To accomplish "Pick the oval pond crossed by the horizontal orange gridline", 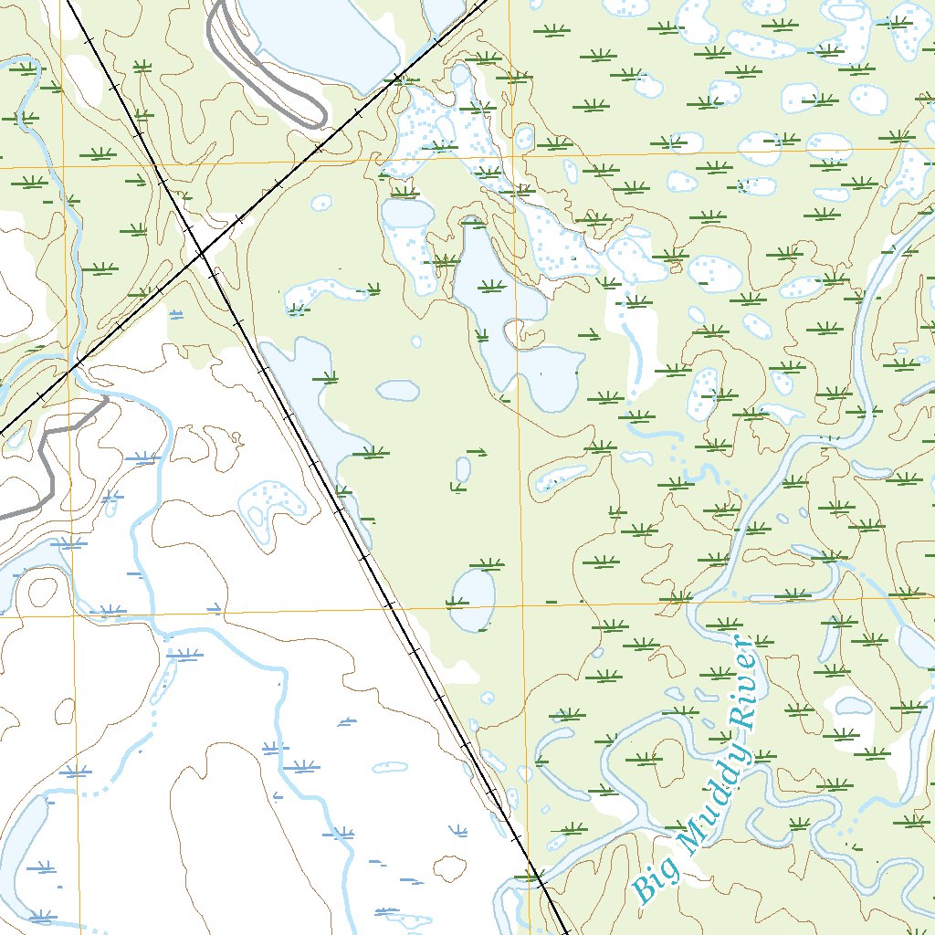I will [474, 600].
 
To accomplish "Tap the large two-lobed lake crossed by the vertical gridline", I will [511, 320].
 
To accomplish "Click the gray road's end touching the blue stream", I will [107, 399].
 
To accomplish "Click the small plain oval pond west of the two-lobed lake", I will [398, 390].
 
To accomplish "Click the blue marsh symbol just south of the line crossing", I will [176, 314].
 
